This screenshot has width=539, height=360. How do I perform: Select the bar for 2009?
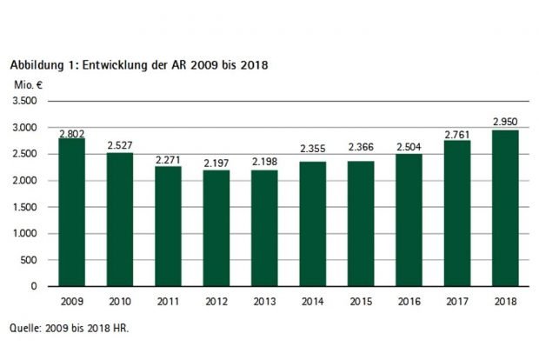(72, 212)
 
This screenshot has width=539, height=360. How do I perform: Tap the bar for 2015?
(361, 223)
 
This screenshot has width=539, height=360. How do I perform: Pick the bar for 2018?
(505, 208)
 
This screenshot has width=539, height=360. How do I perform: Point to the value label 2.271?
(169, 160)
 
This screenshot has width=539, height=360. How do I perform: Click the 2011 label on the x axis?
(169, 300)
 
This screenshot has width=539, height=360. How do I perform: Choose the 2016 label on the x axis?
(409, 300)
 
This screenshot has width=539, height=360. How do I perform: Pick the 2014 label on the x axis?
(313, 300)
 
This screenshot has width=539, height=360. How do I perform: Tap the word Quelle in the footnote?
(25, 328)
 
